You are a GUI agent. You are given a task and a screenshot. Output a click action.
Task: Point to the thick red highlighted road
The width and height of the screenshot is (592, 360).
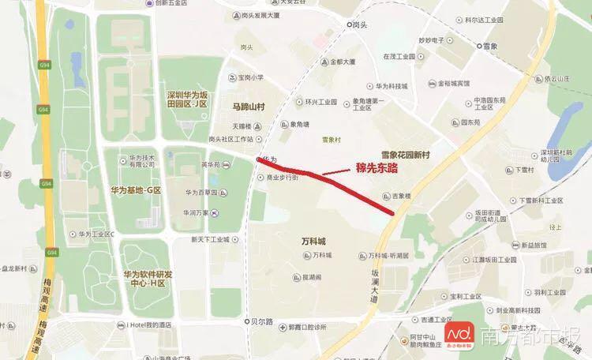[x=332, y=179]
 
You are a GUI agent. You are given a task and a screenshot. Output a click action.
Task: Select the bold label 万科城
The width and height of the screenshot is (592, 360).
[x=313, y=239]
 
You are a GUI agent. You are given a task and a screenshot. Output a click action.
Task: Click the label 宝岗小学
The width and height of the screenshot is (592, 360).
[x=251, y=77]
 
